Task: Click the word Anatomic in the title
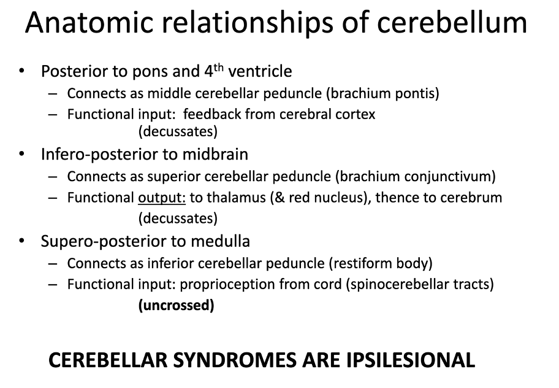[x=89, y=22]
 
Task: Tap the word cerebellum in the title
[x=452, y=22]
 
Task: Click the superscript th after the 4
[x=219, y=67]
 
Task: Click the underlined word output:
[x=162, y=198]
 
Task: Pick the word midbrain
[x=215, y=154]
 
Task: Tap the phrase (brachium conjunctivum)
[x=416, y=177]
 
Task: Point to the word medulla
[x=220, y=241]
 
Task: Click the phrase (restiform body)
[x=381, y=263]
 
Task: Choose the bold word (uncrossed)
[x=176, y=305]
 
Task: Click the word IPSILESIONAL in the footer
[x=410, y=360]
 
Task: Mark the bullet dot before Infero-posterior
[x=21, y=154]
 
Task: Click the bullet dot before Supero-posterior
[x=21, y=241]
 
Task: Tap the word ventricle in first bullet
[x=260, y=71]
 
